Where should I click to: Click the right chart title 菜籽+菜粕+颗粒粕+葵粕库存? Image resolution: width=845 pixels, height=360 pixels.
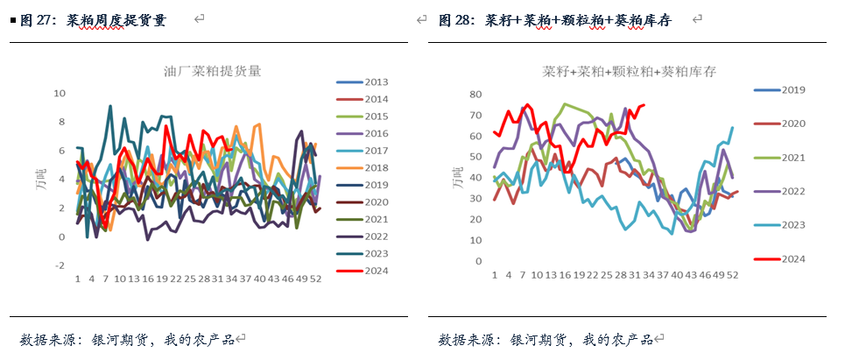629,72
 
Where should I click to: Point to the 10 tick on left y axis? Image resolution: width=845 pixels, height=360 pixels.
60,93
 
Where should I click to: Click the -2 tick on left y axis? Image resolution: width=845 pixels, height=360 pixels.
60,265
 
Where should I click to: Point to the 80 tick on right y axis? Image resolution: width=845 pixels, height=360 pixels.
476,95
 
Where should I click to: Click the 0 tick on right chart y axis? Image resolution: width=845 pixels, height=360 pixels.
480,261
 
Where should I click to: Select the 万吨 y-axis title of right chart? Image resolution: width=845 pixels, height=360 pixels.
456,178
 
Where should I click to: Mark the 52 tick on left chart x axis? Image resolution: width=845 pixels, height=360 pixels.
316,279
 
